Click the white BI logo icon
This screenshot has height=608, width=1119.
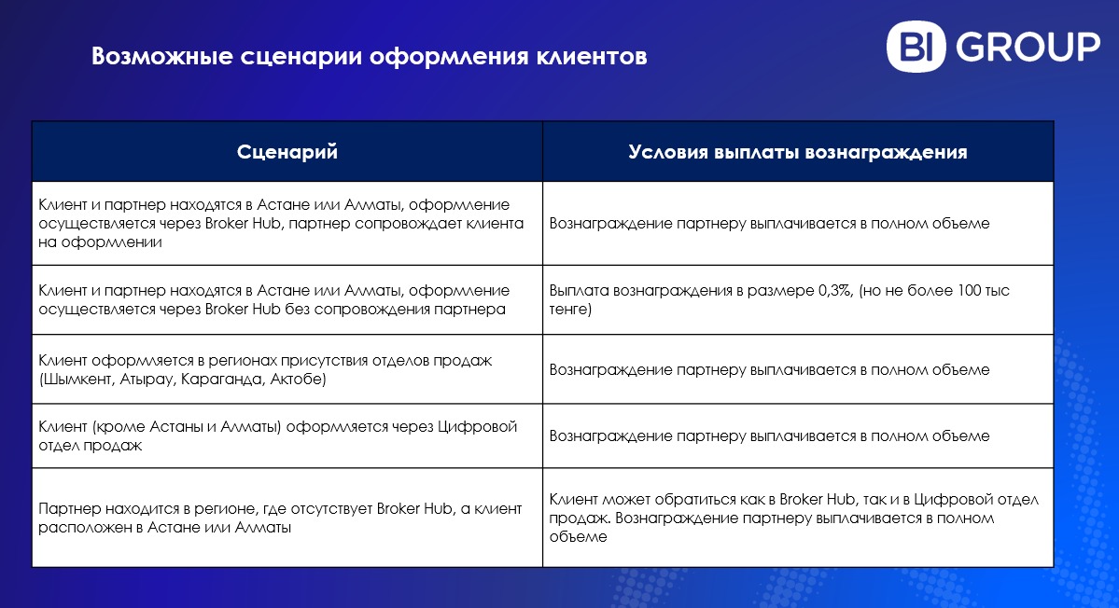(916, 47)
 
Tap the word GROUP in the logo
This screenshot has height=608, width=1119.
(1028, 47)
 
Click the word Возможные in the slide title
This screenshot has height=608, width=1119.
(162, 56)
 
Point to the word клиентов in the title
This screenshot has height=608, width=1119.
(591, 56)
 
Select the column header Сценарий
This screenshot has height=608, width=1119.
(287, 152)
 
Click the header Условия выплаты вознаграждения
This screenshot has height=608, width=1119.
(798, 152)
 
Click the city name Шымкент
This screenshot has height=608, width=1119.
(78, 380)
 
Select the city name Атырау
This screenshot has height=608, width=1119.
(147, 380)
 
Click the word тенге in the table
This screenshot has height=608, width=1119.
(568, 310)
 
